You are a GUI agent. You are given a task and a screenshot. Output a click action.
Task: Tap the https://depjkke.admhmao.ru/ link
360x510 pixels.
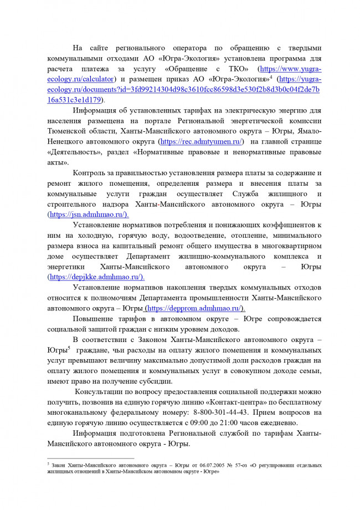tap(96, 277)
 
